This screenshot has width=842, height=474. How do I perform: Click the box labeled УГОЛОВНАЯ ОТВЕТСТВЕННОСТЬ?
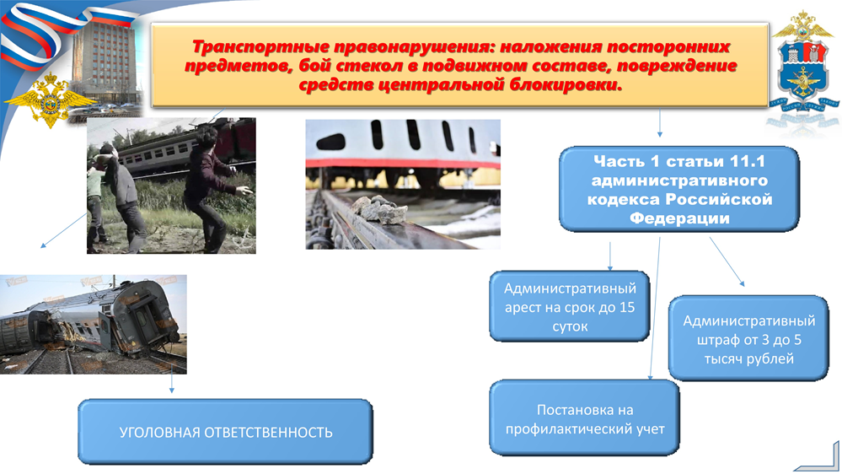226,432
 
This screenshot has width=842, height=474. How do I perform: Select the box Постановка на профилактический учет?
585,418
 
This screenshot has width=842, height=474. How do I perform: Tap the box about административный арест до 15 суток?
570,306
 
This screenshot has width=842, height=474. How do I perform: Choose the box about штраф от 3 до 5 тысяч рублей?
748,338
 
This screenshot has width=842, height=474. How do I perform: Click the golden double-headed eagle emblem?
50,100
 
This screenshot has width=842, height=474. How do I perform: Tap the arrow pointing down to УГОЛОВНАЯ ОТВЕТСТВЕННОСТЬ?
171,384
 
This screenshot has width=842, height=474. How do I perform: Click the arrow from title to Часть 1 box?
659,124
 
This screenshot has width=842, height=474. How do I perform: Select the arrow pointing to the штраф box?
727,261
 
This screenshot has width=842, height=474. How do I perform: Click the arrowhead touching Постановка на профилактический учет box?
651,377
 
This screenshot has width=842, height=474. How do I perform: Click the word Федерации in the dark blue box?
679,218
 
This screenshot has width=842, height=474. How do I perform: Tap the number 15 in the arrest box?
627,307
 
